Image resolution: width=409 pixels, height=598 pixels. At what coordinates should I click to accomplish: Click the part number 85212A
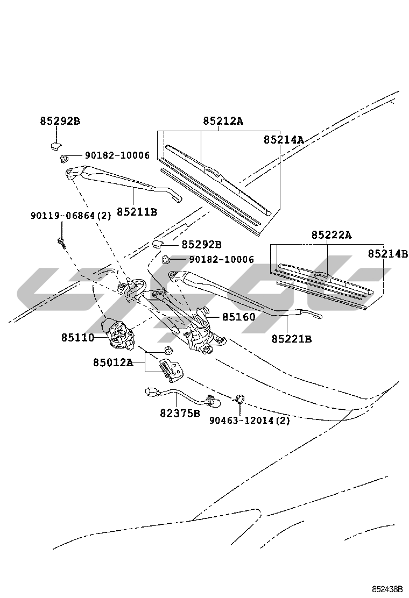[x=223, y=121]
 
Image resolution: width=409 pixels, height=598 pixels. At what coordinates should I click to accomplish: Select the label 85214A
[x=284, y=140]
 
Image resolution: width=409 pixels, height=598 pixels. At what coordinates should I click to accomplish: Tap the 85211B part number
[x=137, y=212]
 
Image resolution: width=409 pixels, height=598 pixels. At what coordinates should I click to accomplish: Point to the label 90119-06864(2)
[x=70, y=216]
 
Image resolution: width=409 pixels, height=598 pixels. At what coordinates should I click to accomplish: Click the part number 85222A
[x=332, y=235]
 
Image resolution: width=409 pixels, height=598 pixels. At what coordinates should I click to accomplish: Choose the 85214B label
[x=387, y=254]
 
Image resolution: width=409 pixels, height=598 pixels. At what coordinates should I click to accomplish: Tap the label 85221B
[x=291, y=339]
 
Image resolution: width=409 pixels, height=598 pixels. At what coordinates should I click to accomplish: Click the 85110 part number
[x=77, y=338]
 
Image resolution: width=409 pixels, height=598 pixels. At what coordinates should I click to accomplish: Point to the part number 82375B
[x=179, y=413]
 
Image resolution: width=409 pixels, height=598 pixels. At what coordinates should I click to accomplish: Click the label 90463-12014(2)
[x=249, y=421]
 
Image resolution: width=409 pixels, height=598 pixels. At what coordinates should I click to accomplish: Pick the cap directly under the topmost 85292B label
[x=54, y=144]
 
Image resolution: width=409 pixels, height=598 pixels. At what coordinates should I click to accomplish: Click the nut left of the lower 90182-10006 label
[x=166, y=259]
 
